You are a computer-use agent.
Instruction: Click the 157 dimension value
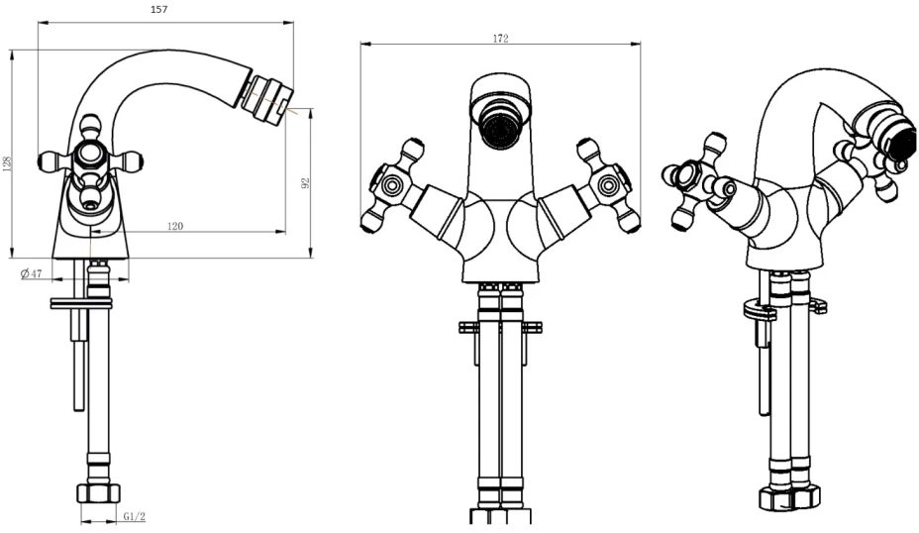[159, 9]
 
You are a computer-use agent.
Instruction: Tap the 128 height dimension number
[7, 162]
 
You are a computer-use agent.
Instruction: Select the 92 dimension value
[304, 183]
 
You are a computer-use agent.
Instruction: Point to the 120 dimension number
[175, 226]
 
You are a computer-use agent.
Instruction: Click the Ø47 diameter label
[31, 273]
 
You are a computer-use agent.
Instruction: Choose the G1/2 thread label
[135, 516]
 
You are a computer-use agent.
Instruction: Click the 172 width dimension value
[500, 39]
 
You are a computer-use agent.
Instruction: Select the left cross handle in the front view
[391, 184]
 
